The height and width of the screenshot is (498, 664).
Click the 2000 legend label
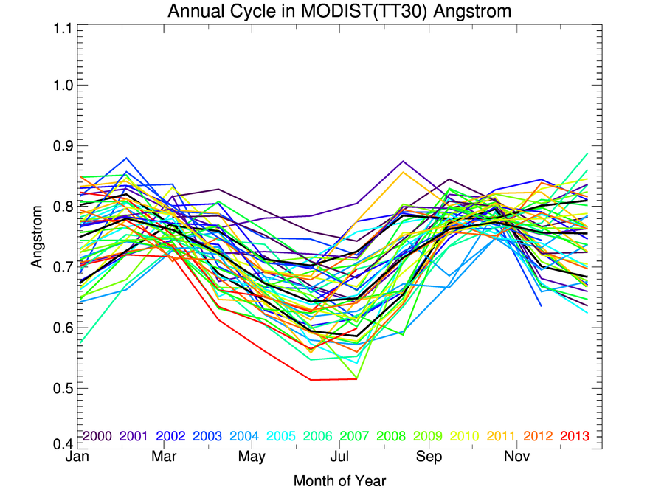(x=97, y=436)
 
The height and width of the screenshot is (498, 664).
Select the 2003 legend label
(x=207, y=436)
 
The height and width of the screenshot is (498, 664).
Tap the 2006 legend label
(x=317, y=436)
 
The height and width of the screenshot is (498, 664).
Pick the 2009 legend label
(x=428, y=436)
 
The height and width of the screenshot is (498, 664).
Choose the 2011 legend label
(x=501, y=436)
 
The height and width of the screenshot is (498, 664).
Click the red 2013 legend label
(x=575, y=436)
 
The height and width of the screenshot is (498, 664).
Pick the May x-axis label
(x=252, y=458)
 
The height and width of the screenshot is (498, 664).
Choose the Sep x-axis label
(x=429, y=458)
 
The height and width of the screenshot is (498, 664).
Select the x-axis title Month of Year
(x=339, y=482)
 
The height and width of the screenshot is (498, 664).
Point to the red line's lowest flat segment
(x=325, y=380)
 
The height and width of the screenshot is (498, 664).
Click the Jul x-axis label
(x=340, y=458)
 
